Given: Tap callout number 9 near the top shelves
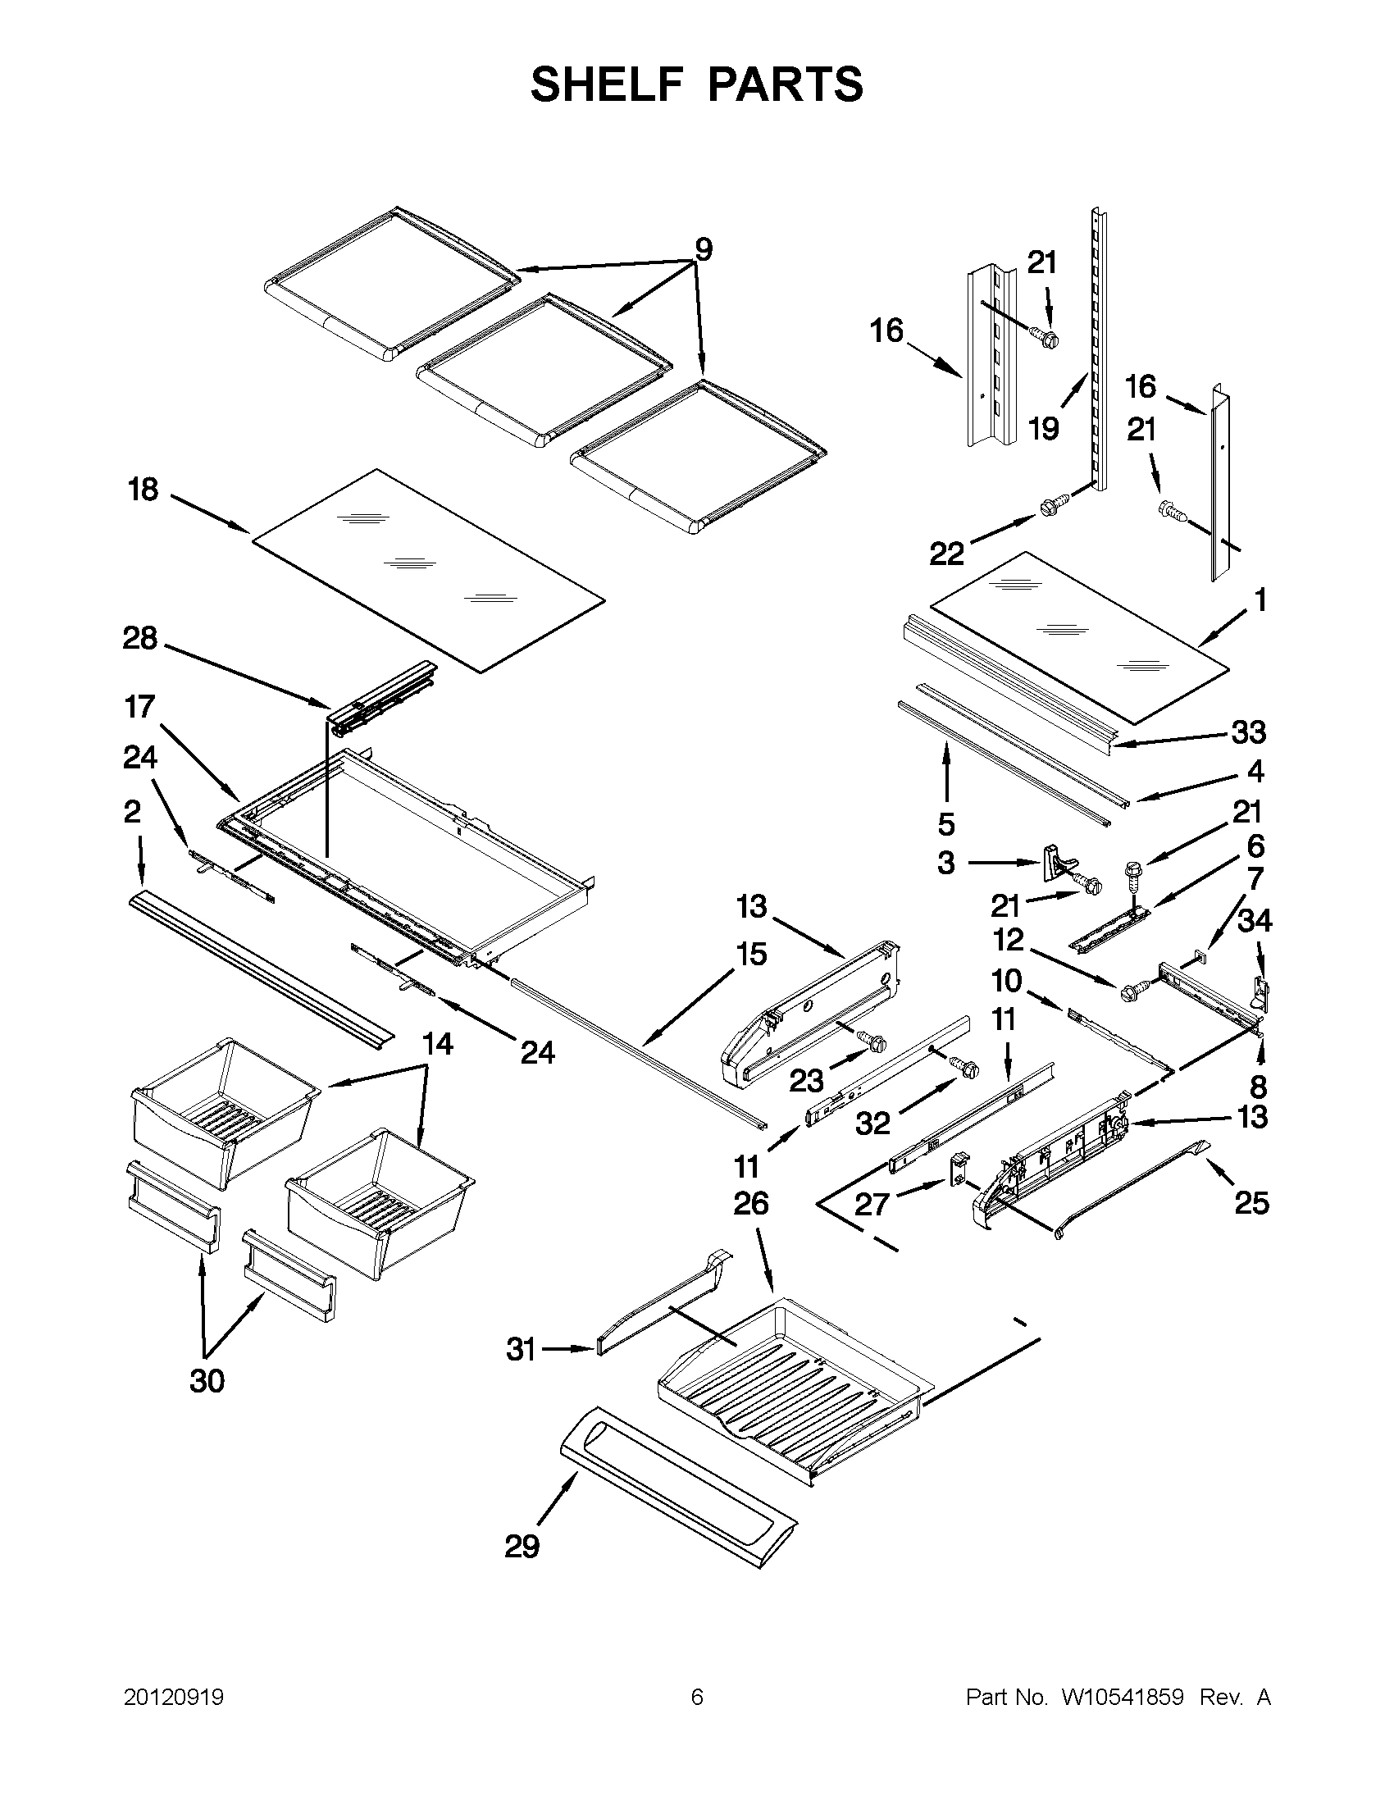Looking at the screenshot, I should [x=704, y=248].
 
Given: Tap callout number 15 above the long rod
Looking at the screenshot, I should [x=751, y=954].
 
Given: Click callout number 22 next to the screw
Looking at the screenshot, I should [x=947, y=554].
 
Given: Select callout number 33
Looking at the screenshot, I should [x=1249, y=732].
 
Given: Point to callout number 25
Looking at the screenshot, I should [x=1252, y=1202].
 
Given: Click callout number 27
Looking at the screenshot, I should [x=872, y=1204].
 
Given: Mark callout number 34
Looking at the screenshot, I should [x=1255, y=920].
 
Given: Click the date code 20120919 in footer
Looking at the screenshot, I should [x=174, y=1698].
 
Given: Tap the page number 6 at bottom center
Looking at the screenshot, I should [x=696, y=1698].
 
